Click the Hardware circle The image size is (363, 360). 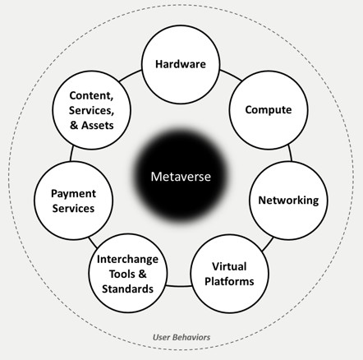click(x=181, y=64)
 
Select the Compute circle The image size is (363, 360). click(x=269, y=110)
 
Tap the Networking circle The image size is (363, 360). click(x=288, y=201)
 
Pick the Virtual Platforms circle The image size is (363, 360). click(x=229, y=274)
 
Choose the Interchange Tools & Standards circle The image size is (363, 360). click(x=128, y=273)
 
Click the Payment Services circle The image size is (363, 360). click(x=73, y=201)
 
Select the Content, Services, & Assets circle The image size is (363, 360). click(x=91, y=110)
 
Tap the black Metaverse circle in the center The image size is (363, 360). click(x=181, y=177)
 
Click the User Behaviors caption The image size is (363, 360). click(x=181, y=337)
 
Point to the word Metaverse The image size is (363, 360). click(x=181, y=177)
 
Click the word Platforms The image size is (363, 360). click(x=229, y=281)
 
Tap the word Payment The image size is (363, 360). click(x=73, y=194)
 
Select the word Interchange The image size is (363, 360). click(x=127, y=259)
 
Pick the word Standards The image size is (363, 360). click(x=127, y=288)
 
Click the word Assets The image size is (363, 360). click(x=98, y=125)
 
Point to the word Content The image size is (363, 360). click(x=91, y=95)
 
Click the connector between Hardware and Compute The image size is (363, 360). click(x=231, y=75)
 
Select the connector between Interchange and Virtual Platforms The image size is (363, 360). click(x=178, y=286)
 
